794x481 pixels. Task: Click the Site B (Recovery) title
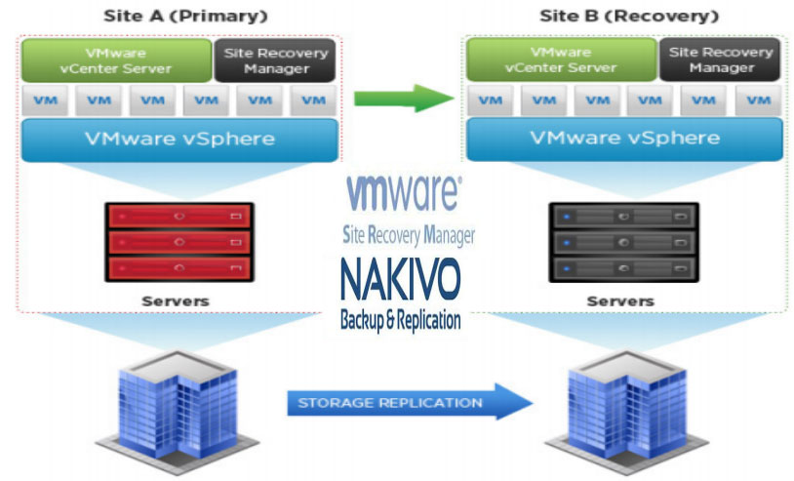point(629,17)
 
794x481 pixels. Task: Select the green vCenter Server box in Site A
point(116,60)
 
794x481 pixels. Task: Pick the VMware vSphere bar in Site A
point(179,139)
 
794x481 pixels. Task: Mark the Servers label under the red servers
point(176,301)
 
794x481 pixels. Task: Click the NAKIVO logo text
point(401,279)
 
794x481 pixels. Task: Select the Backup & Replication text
point(401,319)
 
